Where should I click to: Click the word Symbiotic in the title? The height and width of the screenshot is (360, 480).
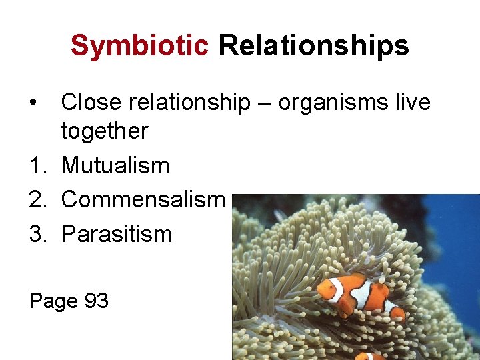(139, 46)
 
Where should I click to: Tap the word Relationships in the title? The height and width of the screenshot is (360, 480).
(313, 46)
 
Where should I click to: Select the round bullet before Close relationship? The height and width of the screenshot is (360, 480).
(32, 103)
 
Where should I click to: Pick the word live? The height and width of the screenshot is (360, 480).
(411, 102)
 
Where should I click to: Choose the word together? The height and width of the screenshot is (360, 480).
(104, 131)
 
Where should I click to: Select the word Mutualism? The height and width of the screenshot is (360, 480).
(115, 165)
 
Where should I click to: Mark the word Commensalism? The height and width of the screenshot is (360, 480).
(143, 199)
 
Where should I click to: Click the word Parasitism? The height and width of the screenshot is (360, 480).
(116, 234)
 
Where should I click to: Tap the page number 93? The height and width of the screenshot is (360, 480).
(96, 301)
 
